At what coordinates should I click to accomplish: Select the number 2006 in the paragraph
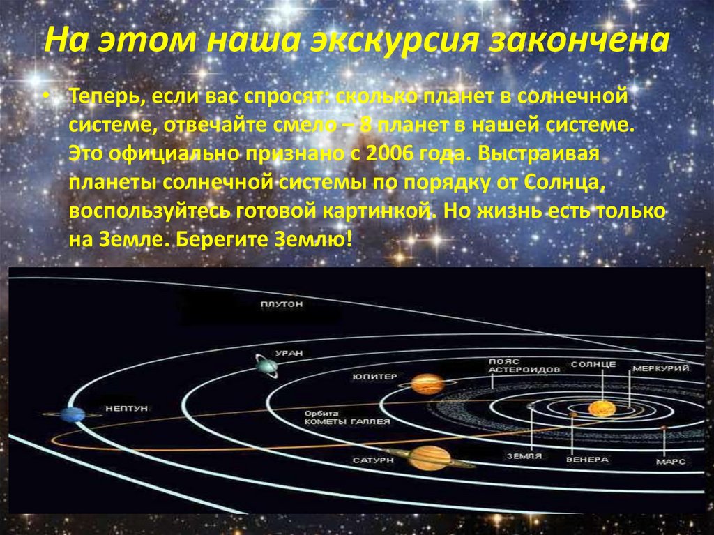[x=390, y=154]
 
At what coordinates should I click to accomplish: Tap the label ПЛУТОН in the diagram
[x=282, y=304]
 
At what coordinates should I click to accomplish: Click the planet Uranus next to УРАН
[x=267, y=366]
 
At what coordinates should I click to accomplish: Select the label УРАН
[x=289, y=353]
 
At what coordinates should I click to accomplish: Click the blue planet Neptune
[x=73, y=415]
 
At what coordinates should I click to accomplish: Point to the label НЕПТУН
[x=127, y=408]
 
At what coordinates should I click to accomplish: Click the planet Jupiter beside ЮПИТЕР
[x=427, y=384]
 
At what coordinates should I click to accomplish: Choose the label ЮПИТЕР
[x=374, y=377]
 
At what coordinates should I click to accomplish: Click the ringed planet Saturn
[x=430, y=458]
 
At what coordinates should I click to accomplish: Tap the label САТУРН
[x=373, y=460]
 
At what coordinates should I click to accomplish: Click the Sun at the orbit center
[x=602, y=409]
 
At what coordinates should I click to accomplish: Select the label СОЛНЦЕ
[x=593, y=365]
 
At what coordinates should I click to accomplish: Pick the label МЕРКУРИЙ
[x=661, y=368]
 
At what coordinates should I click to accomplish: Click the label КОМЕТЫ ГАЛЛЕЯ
[x=347, y=421]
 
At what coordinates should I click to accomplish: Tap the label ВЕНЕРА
[x=587, y=460]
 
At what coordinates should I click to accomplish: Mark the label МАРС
[x=670, y=462]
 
